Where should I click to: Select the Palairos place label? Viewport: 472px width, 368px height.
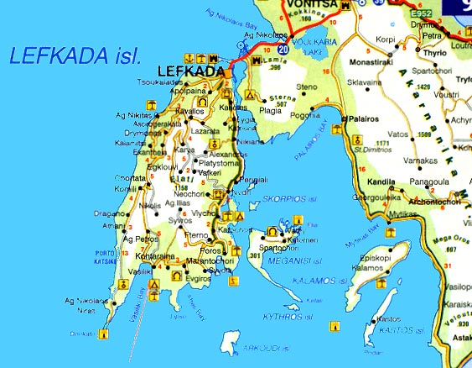pos(366,119)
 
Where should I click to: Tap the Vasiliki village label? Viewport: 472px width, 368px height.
pos(140,272)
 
